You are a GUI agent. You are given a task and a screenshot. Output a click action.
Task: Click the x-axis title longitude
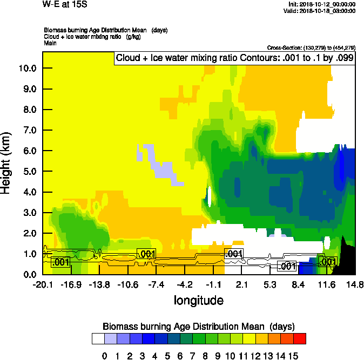(x=199, y=300)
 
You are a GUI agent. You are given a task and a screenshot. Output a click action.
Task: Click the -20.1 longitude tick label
(x=42, y=284)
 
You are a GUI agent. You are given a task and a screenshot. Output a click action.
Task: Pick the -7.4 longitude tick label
(x=156, y=284)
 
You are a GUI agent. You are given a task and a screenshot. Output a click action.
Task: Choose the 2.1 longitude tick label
(x=241, y=284)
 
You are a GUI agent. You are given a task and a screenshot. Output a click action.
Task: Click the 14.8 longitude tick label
(x=355, y=284)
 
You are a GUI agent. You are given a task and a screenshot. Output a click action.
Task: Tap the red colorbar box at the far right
(x=300, y=339)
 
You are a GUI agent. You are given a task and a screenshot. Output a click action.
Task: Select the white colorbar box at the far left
(x=98, y=339)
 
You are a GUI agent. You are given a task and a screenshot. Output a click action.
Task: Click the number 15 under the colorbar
(x=293, y=356)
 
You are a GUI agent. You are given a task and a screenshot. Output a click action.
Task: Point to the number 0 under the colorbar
(x=105, y=356)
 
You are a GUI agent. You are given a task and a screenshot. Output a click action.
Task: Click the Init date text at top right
(x=322, y=4)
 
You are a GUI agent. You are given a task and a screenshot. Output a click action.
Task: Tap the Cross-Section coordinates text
(x=311, y=47)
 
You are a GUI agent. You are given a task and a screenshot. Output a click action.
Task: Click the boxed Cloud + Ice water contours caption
(x=234, y=58)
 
